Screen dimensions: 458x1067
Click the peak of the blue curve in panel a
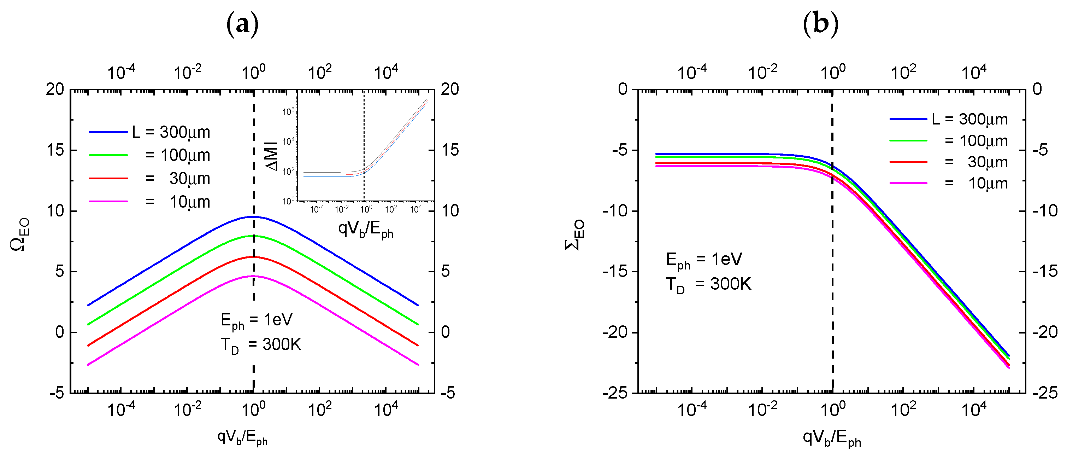click(253, 216)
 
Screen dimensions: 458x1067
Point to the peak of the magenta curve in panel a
click(253, 276)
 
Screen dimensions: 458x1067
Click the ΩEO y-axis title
click(19, 234)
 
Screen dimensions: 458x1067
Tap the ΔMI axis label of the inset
click(272, 155)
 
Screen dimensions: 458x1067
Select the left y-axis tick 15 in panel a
click(55, 150)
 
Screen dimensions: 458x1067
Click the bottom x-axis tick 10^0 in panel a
click(253, 410)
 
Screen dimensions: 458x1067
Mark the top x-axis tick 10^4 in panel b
click(973, 73)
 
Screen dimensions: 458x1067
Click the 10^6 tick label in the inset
click(289, 111)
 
